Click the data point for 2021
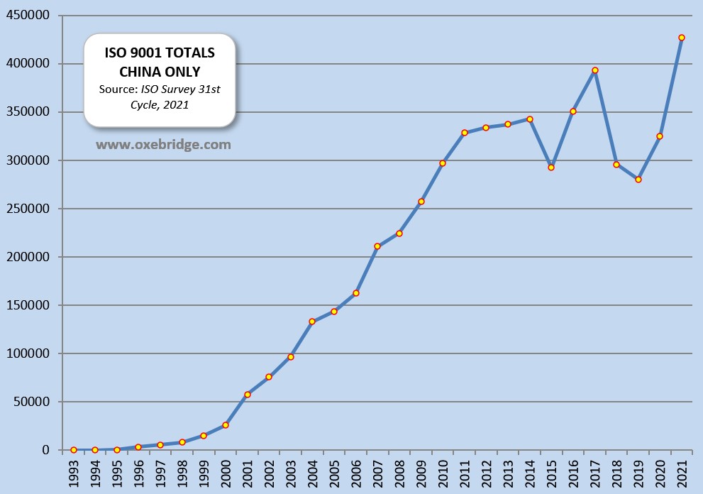coord(682,38)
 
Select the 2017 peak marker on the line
coord(595,70)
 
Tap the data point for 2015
coord(551,168)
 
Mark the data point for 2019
coord(638,180)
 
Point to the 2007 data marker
coord(377,246)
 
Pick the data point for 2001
coord(248,395)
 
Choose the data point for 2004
coord(312,322)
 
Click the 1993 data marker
coord(74,450)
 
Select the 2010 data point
coord(443,163)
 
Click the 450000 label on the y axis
coord(29,16)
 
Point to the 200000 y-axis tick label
coord(29,257)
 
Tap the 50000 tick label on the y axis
coord(32,402)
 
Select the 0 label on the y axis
coord(46,450)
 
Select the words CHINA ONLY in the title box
coord(160,72)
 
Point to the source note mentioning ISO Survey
coord(160,97)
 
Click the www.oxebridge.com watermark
coord(163,145)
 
